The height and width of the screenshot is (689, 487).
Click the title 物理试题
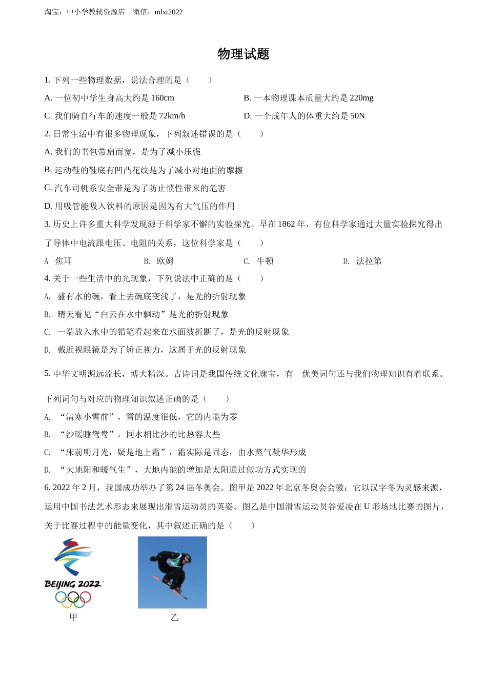243,54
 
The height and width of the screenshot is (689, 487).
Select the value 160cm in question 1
163,98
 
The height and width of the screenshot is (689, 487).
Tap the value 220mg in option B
361,98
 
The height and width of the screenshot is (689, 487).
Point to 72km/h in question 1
172,116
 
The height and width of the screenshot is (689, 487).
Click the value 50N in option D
357,116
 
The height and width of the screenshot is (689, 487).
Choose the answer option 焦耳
64,261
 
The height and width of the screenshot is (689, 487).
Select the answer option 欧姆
165,261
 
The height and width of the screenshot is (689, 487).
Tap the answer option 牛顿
265,261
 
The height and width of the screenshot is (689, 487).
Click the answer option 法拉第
369,261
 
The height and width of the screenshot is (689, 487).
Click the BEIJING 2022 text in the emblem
73,584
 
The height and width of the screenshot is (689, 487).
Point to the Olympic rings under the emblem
73,598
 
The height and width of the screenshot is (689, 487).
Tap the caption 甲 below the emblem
73,617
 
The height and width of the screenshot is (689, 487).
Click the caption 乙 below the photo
175,617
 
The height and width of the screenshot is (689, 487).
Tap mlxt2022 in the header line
168,12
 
